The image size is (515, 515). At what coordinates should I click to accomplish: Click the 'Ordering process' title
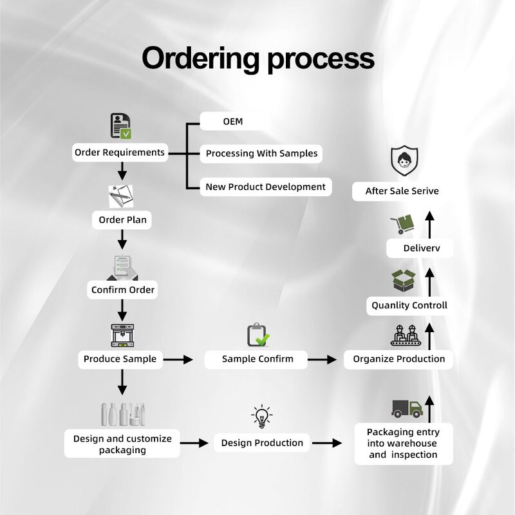(257, 59)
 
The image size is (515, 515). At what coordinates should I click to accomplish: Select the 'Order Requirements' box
(120, 153)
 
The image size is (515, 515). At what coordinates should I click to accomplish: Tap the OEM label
(233, 121)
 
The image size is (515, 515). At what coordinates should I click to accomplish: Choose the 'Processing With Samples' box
(261, 153)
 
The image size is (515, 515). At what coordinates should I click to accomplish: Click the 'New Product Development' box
(265, 187)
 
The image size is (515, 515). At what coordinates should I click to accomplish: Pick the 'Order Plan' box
(122, 220)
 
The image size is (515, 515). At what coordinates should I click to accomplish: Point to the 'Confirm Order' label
(122, 290)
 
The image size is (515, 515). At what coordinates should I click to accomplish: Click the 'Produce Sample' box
(120, 359)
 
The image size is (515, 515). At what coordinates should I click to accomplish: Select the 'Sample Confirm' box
(257, 359)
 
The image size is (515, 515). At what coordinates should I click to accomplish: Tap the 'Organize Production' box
(398, 359)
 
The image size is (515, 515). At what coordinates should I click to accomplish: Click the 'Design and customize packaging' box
(122, 444)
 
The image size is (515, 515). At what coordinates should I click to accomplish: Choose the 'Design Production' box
(262, 443)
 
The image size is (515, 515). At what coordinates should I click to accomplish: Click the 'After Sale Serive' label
(402, 191)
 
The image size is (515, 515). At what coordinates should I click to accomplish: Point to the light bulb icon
(261, 417)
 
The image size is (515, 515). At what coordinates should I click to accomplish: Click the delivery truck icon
(407, 408)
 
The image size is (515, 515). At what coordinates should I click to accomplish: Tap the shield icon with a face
(404, 161)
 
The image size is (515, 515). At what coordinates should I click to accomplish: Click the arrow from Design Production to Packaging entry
(327, 443)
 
